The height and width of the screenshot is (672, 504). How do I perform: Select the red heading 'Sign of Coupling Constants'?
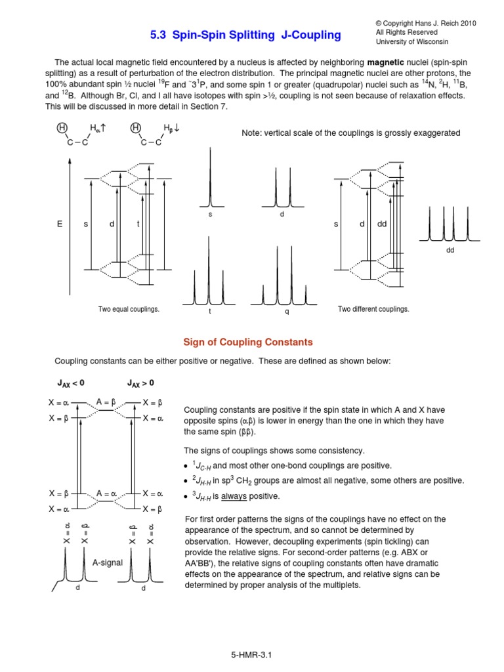tap(247, 342)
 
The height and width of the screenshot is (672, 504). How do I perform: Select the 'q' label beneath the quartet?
tap(287, 312)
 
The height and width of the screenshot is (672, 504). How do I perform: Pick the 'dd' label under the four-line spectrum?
tap(450, 250)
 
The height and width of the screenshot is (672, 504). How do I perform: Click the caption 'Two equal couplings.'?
tap(129, 308)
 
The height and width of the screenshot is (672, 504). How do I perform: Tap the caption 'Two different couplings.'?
tap(373, 308)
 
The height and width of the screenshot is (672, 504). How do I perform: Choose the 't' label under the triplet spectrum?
tap(210, 312)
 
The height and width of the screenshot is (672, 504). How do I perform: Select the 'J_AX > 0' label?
tap(140, 383)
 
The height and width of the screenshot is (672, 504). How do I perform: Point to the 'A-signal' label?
tap(107, 562)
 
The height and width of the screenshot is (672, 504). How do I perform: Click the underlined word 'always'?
tap(233, 495)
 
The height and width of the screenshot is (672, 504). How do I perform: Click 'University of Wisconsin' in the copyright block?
tap(413, 42)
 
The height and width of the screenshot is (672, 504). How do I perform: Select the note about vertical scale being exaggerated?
tap(351, 133)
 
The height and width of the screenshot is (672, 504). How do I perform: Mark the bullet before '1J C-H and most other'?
tap(187, 465)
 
